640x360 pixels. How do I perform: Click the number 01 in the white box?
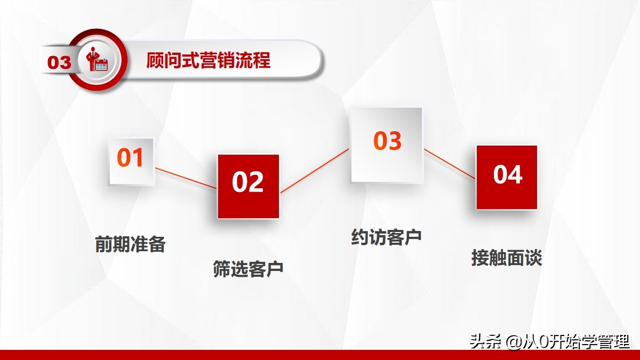tap(131, 158)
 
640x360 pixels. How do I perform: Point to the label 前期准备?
tap(131, 244)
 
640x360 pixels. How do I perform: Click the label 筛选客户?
tap(248, 268)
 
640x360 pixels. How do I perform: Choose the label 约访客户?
tap(387, 237)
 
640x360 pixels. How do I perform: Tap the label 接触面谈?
tap(507, 258)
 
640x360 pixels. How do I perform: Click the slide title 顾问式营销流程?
tap(209, 60)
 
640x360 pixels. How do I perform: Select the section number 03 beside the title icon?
tap(59, 62)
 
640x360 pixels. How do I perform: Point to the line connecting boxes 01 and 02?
tap(186, 178)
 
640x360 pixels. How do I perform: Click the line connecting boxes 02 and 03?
tap(315, 170)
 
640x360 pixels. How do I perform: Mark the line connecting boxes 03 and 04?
tap(450, 164)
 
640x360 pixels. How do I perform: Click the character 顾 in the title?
tap(156, 60)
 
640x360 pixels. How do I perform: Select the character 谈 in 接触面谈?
tap(533, 258)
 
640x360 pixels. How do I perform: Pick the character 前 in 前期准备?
tap(104, 244)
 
